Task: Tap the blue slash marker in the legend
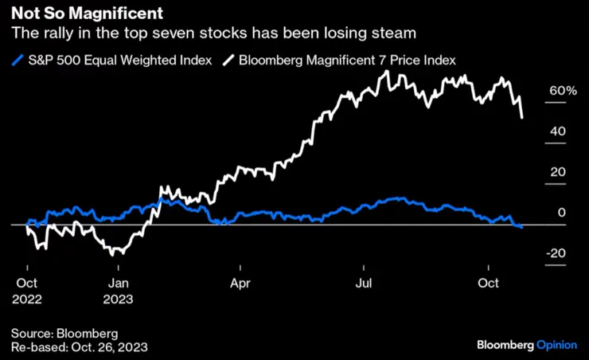[x=17, y=60]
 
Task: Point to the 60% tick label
[x=562, y=91]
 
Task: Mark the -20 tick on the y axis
[x=556, y=253]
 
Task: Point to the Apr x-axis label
[x=240, y=282]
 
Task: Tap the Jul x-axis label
[x=365, y=282]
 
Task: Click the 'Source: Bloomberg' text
[x=64, y=333]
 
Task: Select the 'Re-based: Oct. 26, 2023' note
[x=79, y=347]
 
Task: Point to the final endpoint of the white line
[x=522, y=118]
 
